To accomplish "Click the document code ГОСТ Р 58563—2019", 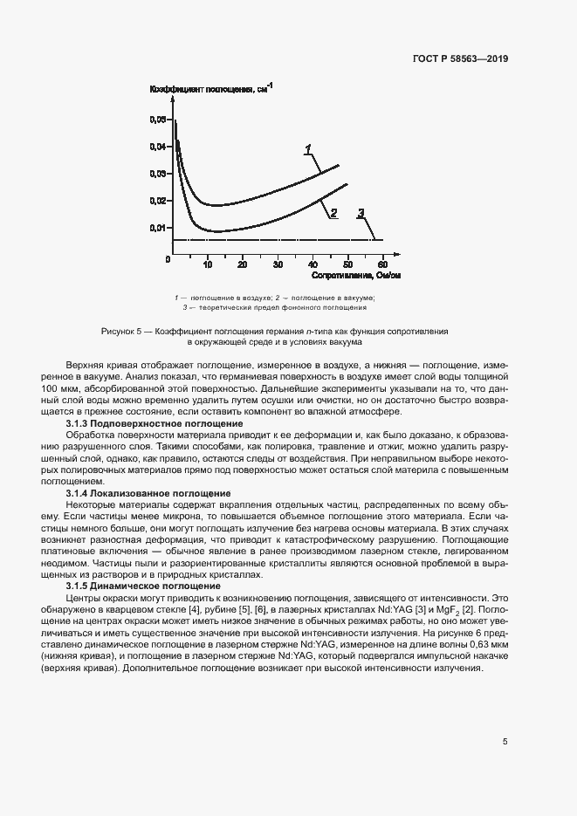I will [x=459, y=59].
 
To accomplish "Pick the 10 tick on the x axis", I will [x=207, y=264].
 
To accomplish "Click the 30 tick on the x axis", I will [x=277, y=264].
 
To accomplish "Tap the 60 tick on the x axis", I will [x=382, y=264].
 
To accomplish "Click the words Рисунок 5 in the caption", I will [x=123, y=333].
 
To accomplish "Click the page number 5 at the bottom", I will [x=505, y=742].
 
